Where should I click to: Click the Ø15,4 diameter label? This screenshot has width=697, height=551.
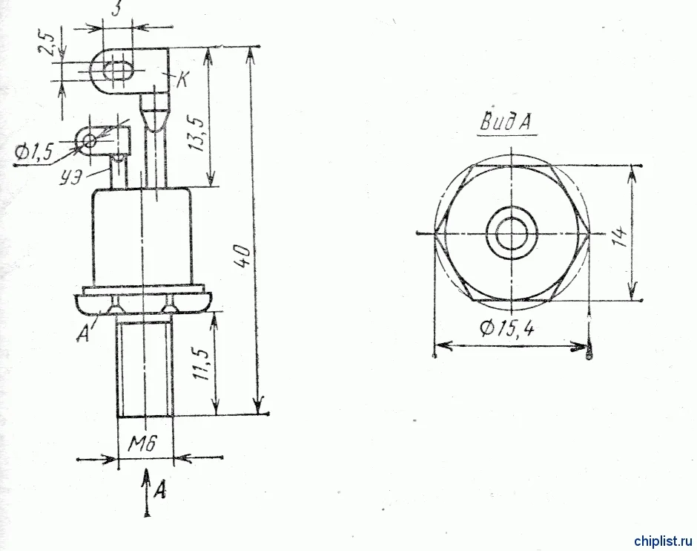(507, 328)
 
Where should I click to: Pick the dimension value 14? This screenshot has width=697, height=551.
(619, 237)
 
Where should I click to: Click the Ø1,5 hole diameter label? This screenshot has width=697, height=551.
(33, 153)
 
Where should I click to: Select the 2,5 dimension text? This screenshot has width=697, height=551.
(47, 43)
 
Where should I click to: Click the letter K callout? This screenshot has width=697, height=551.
(182, 80)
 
